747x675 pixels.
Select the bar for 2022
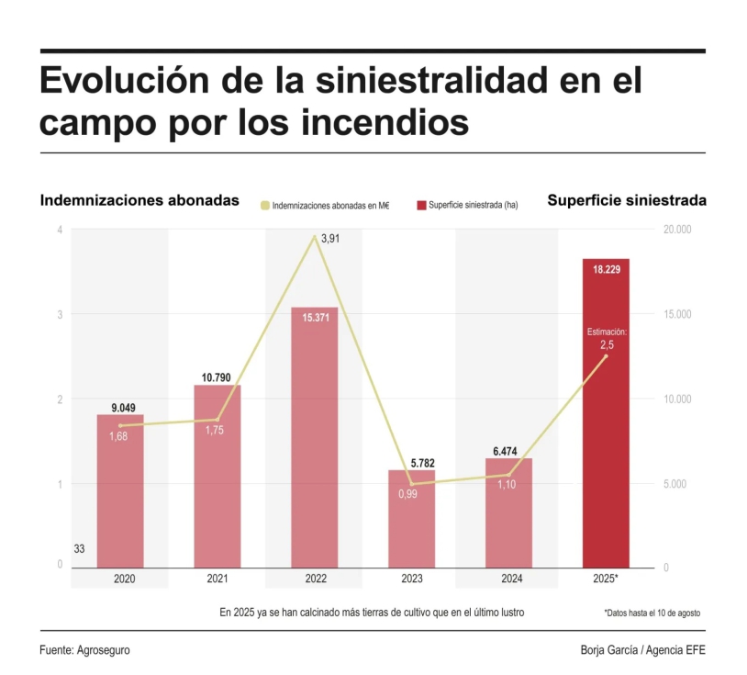[314, 441]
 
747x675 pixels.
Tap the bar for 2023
[411, 523]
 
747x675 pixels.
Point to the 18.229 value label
[606, 270]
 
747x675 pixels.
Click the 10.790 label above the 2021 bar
[217, 377]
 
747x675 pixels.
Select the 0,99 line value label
[408, 494]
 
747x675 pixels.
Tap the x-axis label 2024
[508, 579]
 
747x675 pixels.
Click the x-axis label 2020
[120, 579]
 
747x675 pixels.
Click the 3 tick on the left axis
[60, 314]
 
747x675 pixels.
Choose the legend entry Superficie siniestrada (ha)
[468, 205]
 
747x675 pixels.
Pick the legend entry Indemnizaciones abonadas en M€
[325, 205]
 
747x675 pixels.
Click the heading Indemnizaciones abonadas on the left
[139, 200]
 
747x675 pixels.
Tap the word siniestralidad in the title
[432, 81]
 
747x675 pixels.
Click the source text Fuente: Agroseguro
[84, 650]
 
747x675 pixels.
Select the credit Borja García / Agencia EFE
[642, 650]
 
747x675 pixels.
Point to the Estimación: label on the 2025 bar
[606, 332]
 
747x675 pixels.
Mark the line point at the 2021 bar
[217, 420]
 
